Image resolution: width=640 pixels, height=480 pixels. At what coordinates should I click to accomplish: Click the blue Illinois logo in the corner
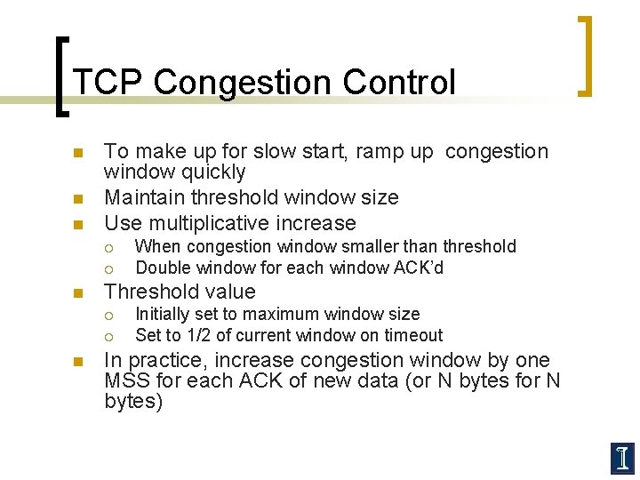622,458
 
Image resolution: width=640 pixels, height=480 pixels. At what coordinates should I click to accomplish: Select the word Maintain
143,196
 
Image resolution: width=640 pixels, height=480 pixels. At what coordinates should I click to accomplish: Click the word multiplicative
211,223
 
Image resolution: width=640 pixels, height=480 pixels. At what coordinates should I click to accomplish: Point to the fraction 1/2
198,335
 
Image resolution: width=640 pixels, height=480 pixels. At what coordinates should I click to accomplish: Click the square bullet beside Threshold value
77,292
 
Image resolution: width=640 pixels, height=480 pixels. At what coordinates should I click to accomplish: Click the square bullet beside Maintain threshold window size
77,197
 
